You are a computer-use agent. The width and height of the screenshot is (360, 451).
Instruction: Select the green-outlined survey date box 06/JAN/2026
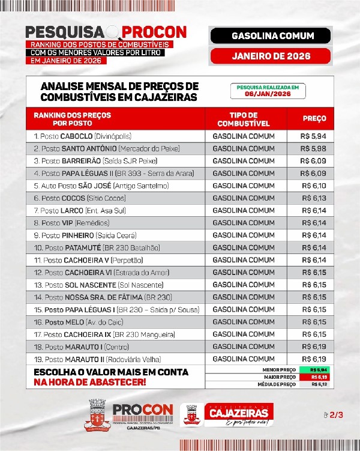(267, 91)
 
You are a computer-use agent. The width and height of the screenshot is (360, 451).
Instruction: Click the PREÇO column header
(314, 119)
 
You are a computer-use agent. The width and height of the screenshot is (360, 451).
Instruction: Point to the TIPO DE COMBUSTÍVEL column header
(244, 119)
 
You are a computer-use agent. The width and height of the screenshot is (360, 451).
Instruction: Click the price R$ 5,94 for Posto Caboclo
(314, 136)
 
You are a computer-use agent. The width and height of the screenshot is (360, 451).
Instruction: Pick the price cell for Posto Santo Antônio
(314, 148)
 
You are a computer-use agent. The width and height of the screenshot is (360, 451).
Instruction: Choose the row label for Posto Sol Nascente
(94, 285)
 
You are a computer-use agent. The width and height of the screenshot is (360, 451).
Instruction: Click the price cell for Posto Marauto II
(314, 359)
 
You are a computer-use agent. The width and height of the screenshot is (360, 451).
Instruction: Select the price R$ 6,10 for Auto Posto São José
(314, 186)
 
